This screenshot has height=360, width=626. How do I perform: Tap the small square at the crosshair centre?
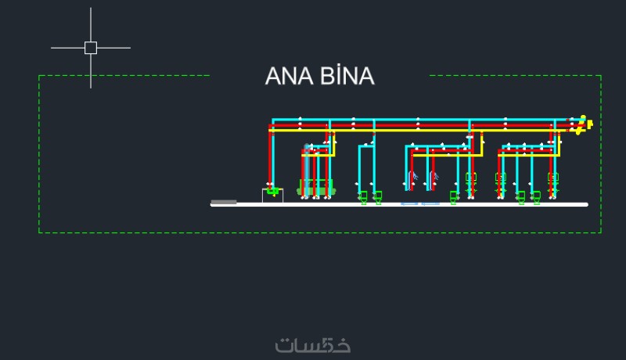coord(91,48)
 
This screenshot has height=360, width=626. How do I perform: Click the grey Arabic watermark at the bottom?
coord(313,344)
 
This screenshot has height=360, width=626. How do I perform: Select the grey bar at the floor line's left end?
coord(224,202)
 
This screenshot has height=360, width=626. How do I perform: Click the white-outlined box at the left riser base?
coord(272,195)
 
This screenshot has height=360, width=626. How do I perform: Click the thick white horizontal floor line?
coord(469,204)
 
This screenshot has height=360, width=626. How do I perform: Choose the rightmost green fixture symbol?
coord(553,179)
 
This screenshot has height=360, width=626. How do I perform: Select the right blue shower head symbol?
coord(433,175)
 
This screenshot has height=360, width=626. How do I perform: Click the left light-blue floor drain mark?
coord(409,203)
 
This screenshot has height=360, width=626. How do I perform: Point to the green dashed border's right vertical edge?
coord(601,157)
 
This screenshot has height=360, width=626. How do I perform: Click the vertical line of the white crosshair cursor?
coord(91,23)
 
